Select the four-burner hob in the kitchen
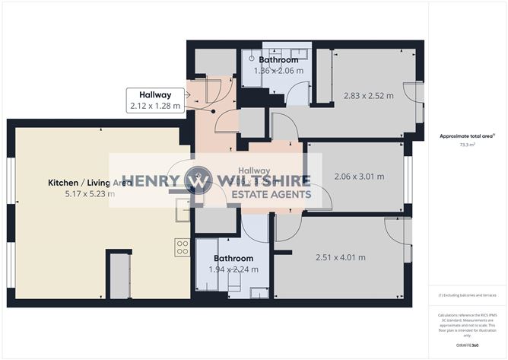pyautogui.click(x=183, y=247)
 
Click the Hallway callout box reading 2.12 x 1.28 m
pyautogui.click(x=156, y=100)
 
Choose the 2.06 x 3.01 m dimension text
pyautogui.click(x=359, y=177)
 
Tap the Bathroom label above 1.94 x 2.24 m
pyautogui.click(x=233, y=259)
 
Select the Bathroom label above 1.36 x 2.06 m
pyautogui.click(x=278, y=59)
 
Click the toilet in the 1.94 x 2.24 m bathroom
pyautogui.click(x=235, y=282)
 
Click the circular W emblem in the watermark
pyautogui.click(x=198, y=181)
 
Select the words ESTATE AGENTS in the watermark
pyautogui.click(x=271, y=195)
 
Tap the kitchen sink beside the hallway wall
pyautogui.click(x=183, y=209)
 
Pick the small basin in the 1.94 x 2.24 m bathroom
pyautogui.click(x=259, y=292)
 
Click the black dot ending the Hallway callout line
pyautogui.click(x=214, y=111)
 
